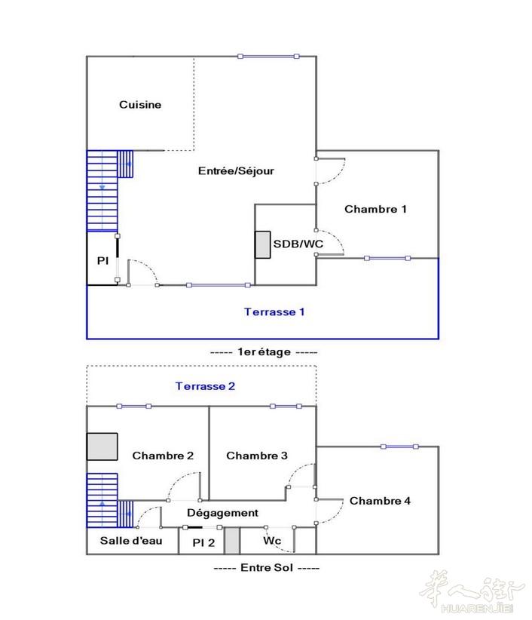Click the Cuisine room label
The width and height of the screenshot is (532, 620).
tap(140, 105)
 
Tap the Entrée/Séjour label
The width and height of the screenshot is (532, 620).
tap(236, 170)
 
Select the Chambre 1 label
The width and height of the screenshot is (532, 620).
tap(375, 209)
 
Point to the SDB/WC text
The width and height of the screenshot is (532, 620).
tap(298, 244)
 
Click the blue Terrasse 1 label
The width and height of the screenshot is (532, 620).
tap(274, 312)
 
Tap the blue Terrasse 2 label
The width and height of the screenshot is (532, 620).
tap(205, 386)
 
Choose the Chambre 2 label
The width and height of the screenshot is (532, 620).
tap(163, 456)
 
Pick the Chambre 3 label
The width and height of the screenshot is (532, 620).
tap(257, 456)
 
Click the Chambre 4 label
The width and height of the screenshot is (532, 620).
tap(380, 501)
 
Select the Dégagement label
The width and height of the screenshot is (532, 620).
tap(222, 513)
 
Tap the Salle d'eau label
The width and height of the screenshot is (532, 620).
tap(131, 541)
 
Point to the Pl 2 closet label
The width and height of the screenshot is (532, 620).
tap(203, 542)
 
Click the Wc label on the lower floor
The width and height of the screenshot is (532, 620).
tap(272, 540)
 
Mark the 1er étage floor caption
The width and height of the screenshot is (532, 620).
tap(264, 352)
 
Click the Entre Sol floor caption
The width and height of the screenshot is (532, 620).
tap(267, 567)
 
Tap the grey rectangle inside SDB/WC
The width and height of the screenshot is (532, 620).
tap(263, 245)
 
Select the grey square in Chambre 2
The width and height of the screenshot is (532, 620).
tap(102, 447)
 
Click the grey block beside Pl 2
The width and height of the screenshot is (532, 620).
tap(232, 541)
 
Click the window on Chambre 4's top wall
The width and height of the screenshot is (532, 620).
tap(399, 447)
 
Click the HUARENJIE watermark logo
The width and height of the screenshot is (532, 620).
tap(472, 591)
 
